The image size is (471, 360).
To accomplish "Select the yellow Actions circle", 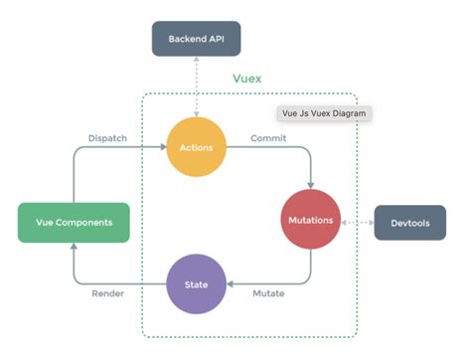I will (x=196, y=147).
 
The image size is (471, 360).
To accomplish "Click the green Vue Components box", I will (x=75, y=222).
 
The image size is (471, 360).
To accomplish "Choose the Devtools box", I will (x=408, y=222).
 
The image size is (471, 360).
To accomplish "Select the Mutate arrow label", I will (x=268, y=295).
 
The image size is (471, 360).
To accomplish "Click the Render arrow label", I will (x=108, y=295).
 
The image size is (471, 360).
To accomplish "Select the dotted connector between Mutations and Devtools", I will (x=358, y=222).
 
